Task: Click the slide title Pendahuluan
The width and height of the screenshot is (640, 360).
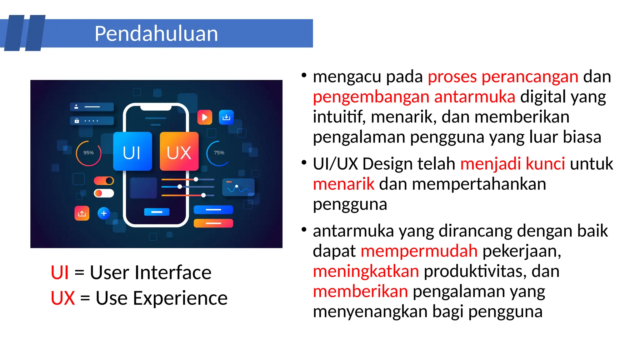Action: coord(156,33)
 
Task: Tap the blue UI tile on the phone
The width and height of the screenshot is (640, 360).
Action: coord(132,152)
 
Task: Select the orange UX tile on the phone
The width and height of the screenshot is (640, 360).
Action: coord(179,152)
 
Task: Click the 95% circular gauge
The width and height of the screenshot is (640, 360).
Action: coord(88,153)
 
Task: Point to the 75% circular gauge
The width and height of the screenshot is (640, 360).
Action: coord(219,153)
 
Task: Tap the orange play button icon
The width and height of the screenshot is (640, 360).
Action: coord(205,117)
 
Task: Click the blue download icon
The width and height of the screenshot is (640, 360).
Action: coord(226,117)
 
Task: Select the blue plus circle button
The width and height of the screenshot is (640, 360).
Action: coord(104,213)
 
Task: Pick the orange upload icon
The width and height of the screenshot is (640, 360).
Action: coord(82,213)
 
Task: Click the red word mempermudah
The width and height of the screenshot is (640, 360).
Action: coord(419,251)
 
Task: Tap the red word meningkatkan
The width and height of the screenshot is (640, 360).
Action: coord(366,271)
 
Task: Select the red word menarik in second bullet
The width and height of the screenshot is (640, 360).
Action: coord(343,184)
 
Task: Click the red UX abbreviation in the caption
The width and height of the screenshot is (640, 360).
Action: coord(63,298)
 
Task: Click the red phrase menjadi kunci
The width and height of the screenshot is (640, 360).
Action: coord(512,164)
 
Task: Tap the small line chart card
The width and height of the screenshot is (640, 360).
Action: coord(238,187)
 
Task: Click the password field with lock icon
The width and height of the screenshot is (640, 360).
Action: coord(92,121)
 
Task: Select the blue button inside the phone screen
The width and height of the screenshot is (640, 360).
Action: coord(157,212)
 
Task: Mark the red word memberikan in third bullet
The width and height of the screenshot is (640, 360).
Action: coord(360,291)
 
